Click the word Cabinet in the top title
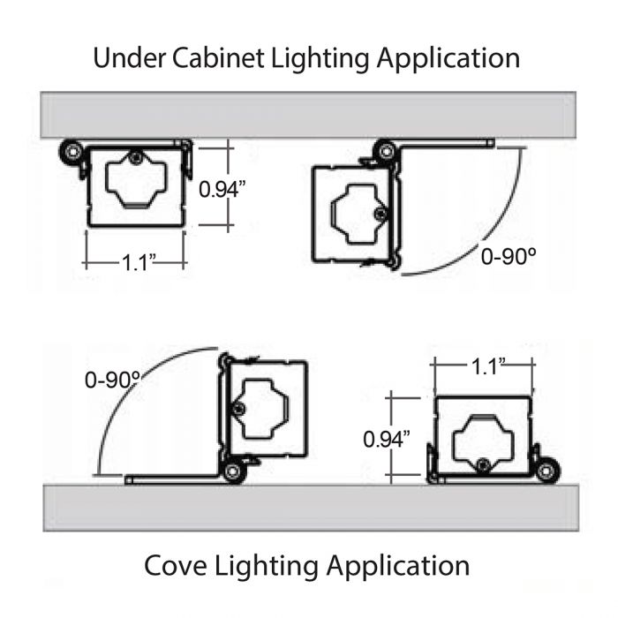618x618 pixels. (218, 58)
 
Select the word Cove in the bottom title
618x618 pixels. (176, 566)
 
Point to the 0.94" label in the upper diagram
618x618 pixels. (222, 189)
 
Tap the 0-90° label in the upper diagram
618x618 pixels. (509, 257)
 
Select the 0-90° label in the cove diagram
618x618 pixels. (113, 381)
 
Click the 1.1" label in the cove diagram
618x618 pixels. (488, 366)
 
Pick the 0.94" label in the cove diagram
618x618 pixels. (387, 439)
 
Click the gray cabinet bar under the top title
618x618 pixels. (308, 115)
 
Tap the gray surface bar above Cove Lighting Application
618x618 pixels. (311, 508)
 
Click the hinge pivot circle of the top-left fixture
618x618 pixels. (72, 152)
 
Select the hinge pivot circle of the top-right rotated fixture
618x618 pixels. (387, 151)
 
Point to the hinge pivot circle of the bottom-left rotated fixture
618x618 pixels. (231, 471)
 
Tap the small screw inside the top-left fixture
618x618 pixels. (136, 158)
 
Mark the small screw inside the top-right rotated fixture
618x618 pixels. (381, 214)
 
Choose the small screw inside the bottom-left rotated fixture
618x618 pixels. (237, 410)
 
